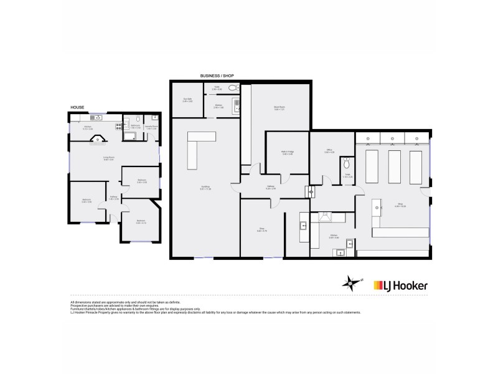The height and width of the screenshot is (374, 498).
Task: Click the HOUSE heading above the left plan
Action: [77, 107]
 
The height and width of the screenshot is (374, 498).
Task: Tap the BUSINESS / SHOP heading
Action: [217, 75]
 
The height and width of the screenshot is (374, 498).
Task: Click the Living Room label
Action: [108, 158]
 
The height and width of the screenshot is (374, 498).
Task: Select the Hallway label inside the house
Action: [114, 198]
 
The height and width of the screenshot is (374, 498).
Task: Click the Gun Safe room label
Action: [187, 100]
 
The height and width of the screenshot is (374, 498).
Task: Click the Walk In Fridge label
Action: [288, 153]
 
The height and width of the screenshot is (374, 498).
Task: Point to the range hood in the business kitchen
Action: [325, 217]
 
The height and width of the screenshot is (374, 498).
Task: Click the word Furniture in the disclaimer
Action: [77, 308]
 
